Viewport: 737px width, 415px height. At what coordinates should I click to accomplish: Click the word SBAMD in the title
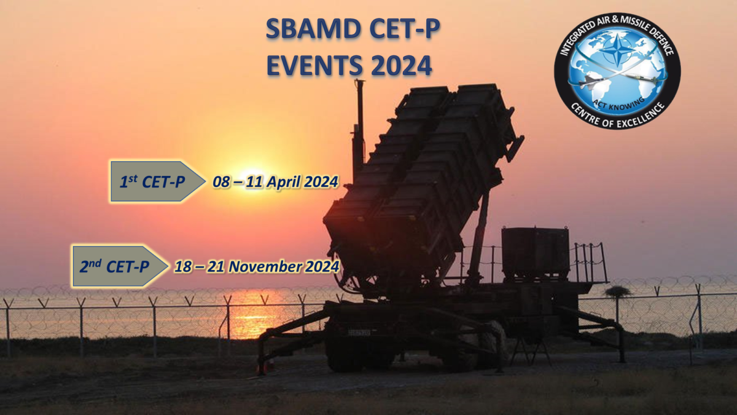coord(313,29)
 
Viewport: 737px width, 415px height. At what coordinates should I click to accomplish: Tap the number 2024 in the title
coord(401,66)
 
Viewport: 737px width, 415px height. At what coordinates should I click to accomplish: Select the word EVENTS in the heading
coord(315,66)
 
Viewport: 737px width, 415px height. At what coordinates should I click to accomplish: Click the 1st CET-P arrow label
coord(158,181)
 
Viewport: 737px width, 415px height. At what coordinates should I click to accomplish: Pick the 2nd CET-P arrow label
coord(120,266)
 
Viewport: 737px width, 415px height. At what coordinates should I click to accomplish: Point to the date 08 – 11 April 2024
coord(275,182)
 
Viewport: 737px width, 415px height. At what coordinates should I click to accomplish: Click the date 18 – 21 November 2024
coord(257,266)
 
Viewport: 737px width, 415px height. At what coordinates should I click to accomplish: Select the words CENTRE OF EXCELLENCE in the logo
coord(618,117)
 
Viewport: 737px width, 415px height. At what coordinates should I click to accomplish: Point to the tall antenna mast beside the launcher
coord(360,128)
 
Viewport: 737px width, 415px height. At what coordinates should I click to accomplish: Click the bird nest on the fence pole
coord(618,291)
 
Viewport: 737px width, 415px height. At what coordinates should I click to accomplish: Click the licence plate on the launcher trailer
coord(359,333)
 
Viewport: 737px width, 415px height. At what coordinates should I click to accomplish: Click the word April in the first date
coord(284,182)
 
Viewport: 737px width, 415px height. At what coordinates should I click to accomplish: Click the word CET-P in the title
coord(404,29)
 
